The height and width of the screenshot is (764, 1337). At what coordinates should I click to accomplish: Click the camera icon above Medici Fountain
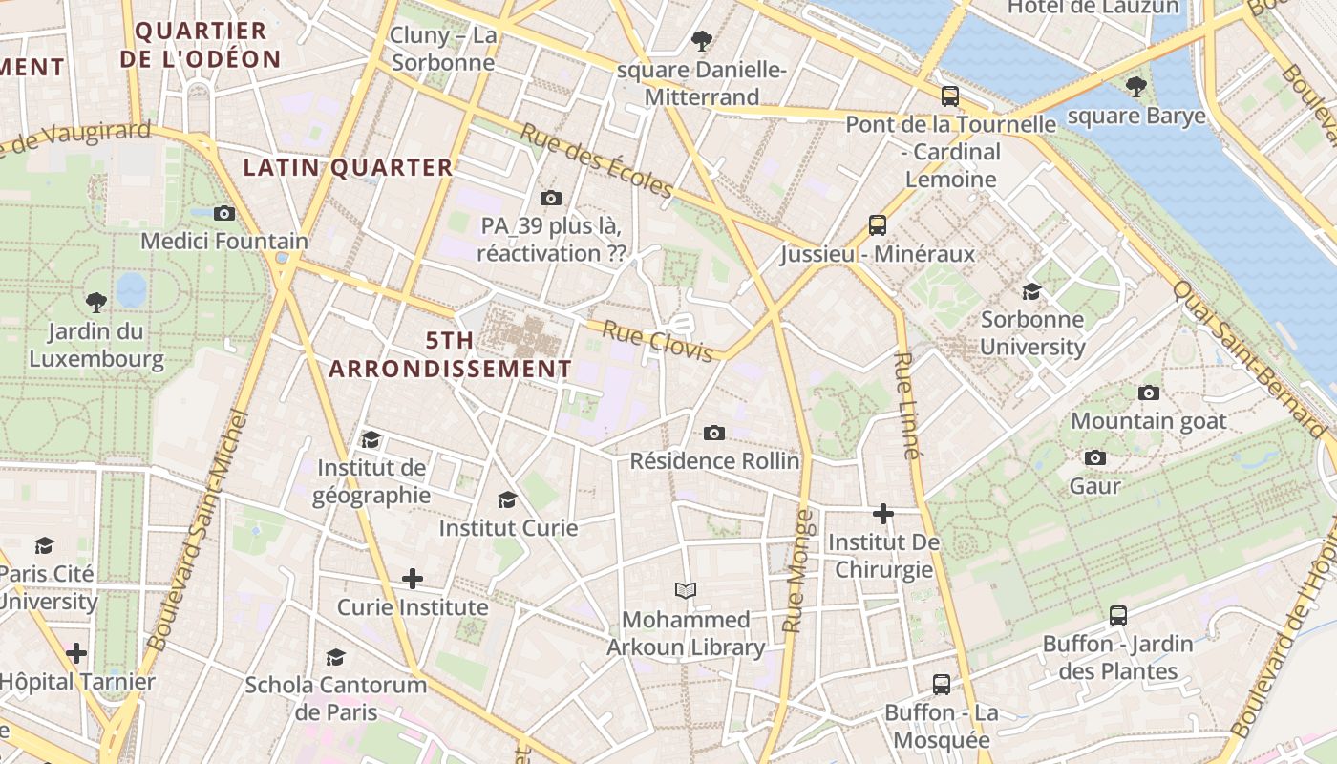224,213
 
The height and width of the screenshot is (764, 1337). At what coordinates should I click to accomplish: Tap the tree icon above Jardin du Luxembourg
95,303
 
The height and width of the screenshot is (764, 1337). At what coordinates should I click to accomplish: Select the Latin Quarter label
348,168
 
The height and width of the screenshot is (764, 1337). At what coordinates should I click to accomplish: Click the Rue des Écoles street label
596,160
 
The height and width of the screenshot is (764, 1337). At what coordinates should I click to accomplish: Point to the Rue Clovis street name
658,342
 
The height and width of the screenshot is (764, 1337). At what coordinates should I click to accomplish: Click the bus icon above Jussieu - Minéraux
877,225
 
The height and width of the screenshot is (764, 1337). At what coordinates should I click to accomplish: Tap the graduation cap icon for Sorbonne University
1031,291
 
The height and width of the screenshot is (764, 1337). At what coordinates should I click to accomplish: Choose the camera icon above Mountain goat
1149,393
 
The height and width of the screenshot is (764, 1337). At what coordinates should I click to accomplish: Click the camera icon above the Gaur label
1095,458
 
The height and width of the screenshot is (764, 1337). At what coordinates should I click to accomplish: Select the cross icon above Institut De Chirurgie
883,514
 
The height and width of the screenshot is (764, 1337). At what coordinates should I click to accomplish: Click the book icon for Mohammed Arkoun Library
686,590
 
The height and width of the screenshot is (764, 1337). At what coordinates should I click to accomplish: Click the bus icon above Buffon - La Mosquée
942,684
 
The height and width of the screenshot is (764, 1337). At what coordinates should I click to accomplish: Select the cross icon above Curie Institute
413,579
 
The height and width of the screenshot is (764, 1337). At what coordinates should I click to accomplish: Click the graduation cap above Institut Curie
507,499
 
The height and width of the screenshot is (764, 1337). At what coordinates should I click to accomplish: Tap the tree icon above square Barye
1135,87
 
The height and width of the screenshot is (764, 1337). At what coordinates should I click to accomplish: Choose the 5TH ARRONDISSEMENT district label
450,354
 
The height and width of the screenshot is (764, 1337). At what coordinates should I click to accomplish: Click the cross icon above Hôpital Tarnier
76,653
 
